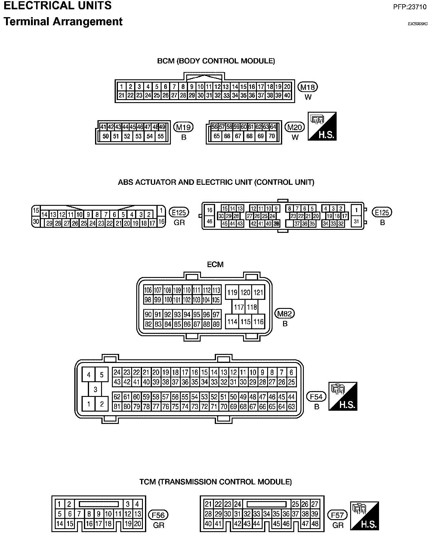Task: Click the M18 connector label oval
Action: click(308, 87)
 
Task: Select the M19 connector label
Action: click(184, 127)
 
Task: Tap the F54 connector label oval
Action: click(316, 397)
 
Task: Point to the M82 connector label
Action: click(285, 314)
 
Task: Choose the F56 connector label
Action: click(158, 515)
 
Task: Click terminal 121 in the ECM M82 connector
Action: click(258, 292)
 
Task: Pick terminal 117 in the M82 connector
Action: click(239, 307)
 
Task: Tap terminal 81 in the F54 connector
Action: click(117, 407)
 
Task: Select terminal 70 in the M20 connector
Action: click(272, 136)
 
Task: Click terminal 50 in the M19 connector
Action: click(106, 136)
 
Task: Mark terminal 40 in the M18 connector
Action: click(287, 96)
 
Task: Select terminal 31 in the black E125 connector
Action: click(356, 221)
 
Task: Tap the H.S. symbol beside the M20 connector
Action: click(322, 126)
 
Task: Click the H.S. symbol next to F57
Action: click(365, 516)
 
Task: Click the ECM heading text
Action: click(215, 264)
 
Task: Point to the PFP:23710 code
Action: click(410, 7)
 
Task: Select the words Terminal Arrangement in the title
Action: click(63, 22)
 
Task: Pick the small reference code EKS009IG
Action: click(418, 24)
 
